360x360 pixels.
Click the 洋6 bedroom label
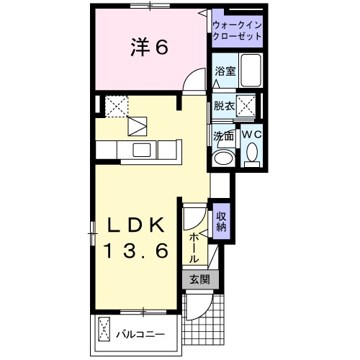coord(150,48)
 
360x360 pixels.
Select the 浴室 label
coord(225,71)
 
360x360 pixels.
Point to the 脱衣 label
coord(225,106)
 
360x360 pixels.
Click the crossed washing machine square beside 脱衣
coord(247,106)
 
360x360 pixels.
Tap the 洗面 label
coord(223,135)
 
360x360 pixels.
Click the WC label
coord(251,134)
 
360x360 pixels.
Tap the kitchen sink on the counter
coord(142,150)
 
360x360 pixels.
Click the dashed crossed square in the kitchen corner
coord(115,105)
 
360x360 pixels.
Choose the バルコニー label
coord(141,334)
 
